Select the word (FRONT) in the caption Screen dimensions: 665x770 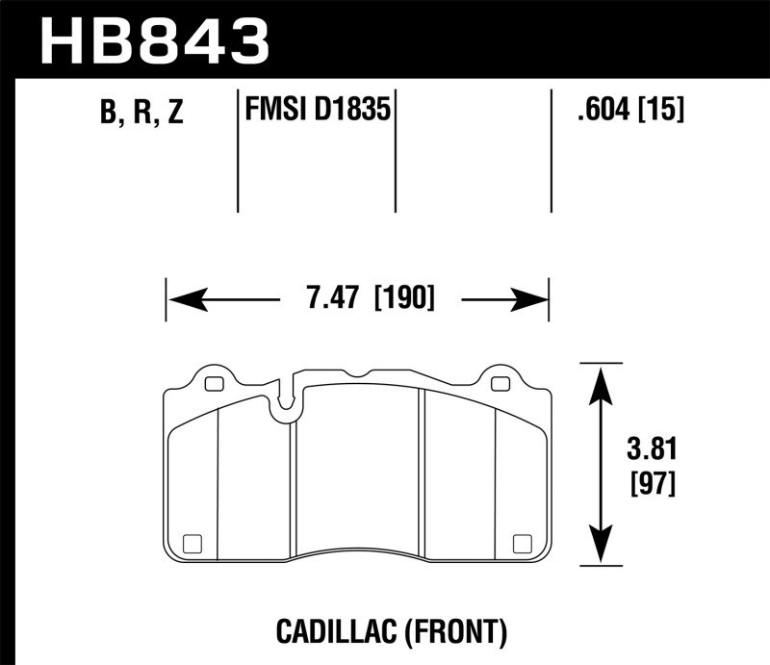coord(457,631)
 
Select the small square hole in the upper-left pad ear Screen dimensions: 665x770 coord(214,384)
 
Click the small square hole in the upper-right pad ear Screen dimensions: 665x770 coord(499,385)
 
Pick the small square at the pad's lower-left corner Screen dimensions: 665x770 coord(191,542)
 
